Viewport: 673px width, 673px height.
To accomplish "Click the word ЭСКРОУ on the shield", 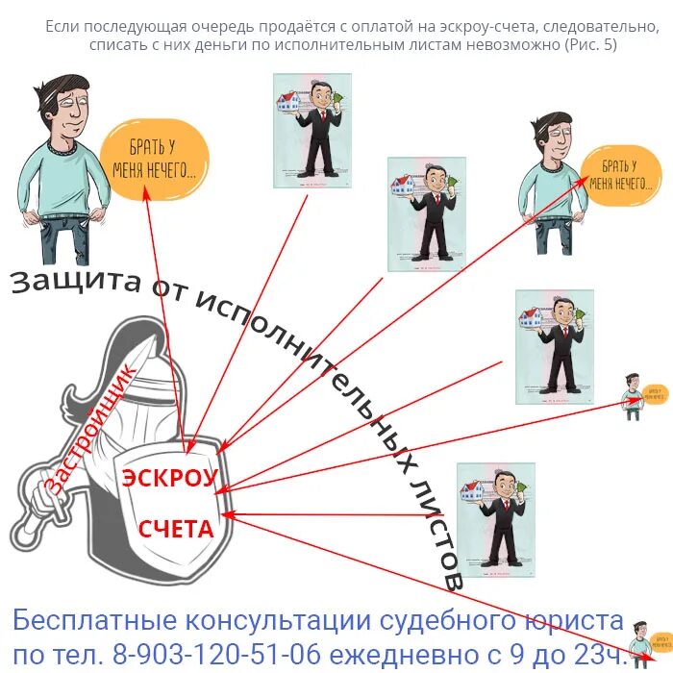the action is tap(169, 479).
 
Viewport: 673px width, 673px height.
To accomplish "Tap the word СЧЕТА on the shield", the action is tap(175, 529).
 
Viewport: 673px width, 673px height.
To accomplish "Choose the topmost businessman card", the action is tap(312, 126).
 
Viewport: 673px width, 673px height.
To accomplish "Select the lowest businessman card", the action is tap(495, 519).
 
